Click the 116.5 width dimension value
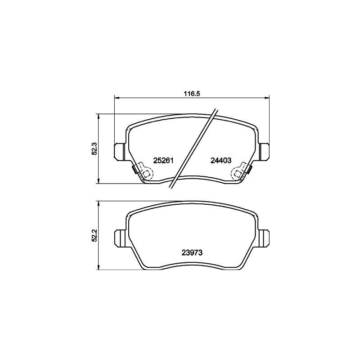(191, 94)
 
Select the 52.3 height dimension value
(94, 149)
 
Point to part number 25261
(163, 161)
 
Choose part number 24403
(221, 161)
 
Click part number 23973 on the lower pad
(193, 253)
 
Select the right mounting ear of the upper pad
(264, 150)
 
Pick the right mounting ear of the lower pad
(264, 237)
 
